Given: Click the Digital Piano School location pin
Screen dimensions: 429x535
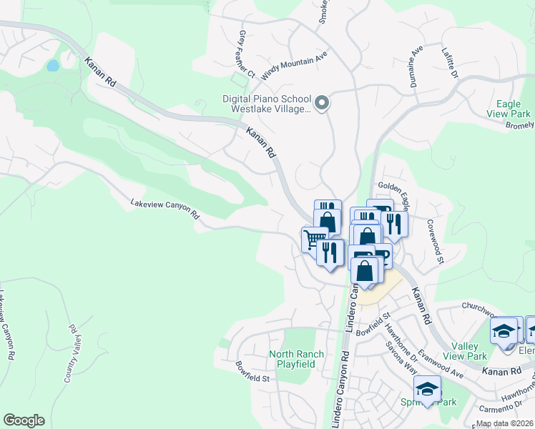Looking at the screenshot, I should [x=322, y=103].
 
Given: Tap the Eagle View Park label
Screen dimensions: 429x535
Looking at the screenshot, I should [x=509, y=109].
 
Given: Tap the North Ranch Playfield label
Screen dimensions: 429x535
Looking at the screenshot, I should [x=296, y=359].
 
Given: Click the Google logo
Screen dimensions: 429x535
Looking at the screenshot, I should [x=24, y=420].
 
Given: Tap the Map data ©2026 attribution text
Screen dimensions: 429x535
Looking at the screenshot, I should [x=504, y=423].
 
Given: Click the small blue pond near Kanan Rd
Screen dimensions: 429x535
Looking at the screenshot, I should [x=52, y=66].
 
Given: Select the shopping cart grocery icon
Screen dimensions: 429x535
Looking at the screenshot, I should [x=312, y=238].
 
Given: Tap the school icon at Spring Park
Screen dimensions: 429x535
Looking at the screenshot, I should [x=427, y=390].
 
